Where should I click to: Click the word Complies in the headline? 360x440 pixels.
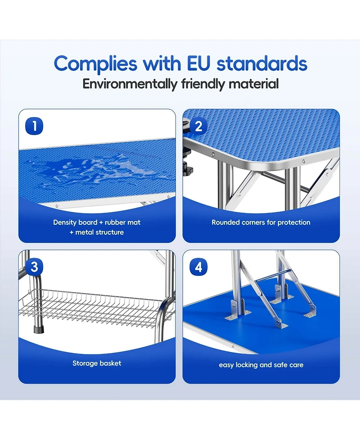tap(96, 64)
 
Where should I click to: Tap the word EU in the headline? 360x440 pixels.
tap(197, 64)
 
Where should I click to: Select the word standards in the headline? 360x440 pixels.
tap(262, 64)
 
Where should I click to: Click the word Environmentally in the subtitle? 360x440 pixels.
tap(130, 84)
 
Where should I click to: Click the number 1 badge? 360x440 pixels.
tap(35, 126)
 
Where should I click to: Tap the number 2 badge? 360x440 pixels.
tap(198, 126)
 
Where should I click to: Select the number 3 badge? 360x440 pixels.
tap(35, 267)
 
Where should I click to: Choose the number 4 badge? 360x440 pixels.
tap(198, 267)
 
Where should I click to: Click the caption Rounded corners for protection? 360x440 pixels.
tap(261, 222)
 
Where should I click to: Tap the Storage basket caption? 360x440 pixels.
tap(97, 363)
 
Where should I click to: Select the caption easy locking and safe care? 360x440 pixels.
tap(261, 365)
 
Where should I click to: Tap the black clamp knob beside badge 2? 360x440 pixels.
tap(190, 170)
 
